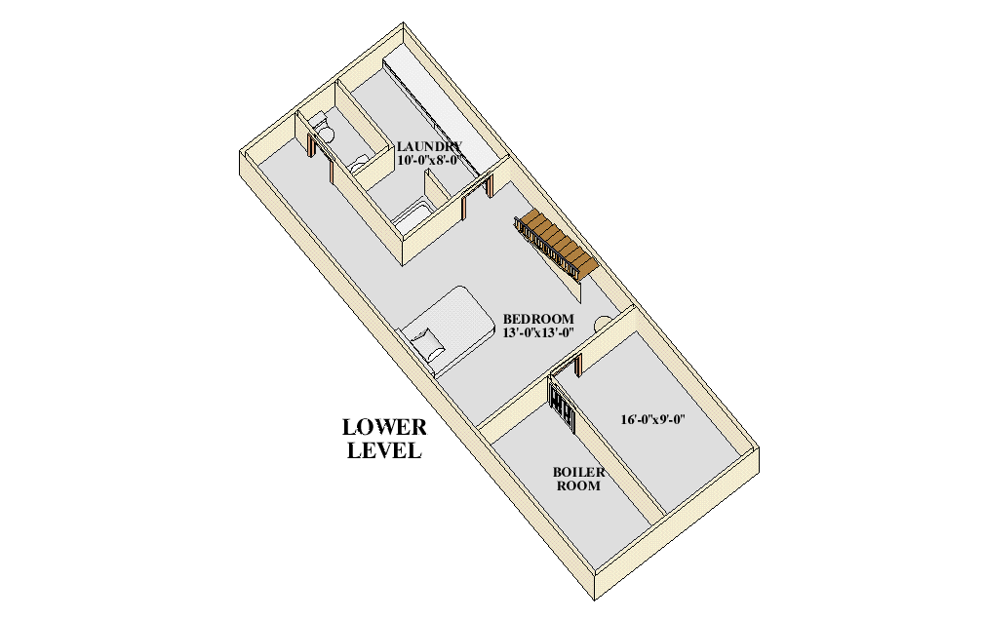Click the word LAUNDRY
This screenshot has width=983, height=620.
click(x=422, y=146)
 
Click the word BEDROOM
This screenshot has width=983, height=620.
click(x=538, y=319)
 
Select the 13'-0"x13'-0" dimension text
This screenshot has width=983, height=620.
click(x=537, y=332)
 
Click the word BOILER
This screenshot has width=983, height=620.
click(x=579, y=472)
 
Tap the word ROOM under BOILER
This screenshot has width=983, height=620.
click(x=578, y=485)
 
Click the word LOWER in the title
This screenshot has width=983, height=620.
click(x=384, y=428)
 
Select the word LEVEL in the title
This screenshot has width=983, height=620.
click(x=384, y=451)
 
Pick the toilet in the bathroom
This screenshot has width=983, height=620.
click(x=326, y=132)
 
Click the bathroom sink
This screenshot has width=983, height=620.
click(x=359, y=161)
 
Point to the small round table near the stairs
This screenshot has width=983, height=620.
click(x=603, y=321)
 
